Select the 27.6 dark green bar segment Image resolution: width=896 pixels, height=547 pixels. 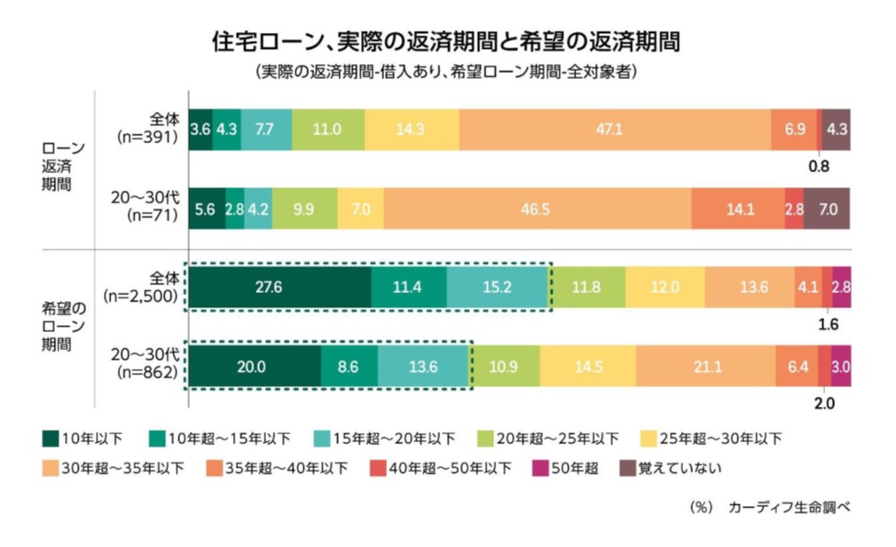coord(280,287)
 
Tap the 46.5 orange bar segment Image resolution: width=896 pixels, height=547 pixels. coord(537,209)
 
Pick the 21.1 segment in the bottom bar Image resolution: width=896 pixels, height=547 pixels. coord(706,366)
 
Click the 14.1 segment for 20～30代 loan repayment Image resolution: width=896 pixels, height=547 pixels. coord(738,209)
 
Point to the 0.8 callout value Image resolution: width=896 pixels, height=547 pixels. coord(818,167)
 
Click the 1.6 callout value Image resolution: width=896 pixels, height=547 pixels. coord(828,325)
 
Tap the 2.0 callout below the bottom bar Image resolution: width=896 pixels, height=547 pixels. coord(824,403)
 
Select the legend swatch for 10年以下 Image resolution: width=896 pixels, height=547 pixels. coord(51,439)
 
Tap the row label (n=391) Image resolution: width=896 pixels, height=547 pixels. coord(148,138)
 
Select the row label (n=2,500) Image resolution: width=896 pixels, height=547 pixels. coord(140,296)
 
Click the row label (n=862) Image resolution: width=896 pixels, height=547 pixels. coord(148,372)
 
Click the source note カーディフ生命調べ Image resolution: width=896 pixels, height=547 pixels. coord(790,507)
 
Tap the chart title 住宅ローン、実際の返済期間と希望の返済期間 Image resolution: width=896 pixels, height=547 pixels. coord(445,42)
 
